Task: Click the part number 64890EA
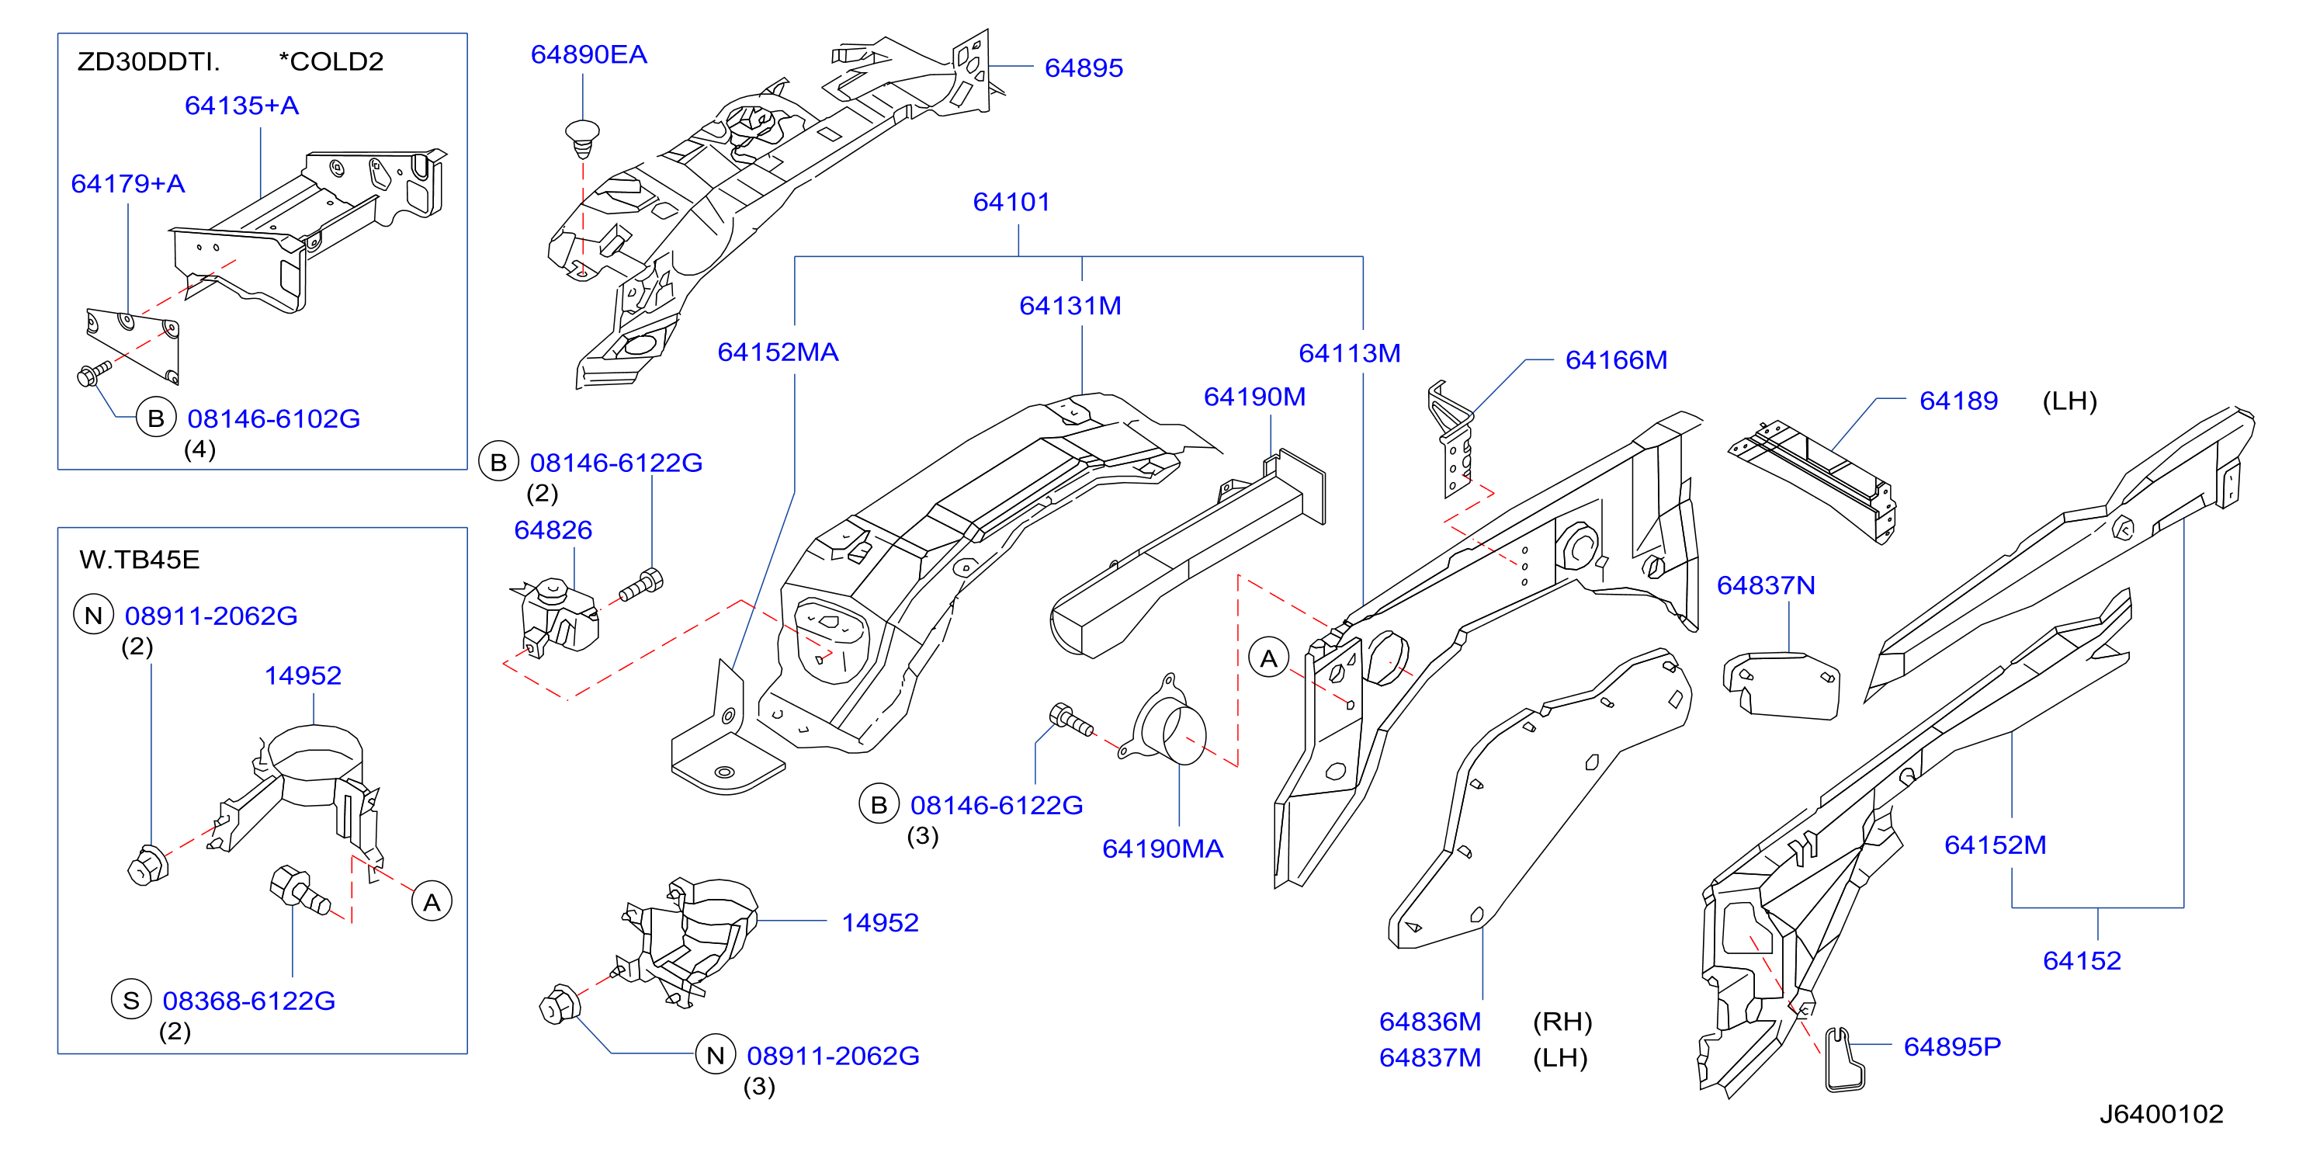tap(588, 55)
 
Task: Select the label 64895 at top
tap(1084, 68)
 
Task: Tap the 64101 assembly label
tap(1011, 202)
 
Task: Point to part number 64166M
tap(1616, 360)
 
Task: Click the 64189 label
tap(1958, 401)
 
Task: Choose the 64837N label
tap(1765, 585)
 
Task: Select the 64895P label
tap(1952, 1047)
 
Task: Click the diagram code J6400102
tap(2161, 1114)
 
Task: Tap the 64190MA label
tap(1162, 849)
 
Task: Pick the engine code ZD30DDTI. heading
tap(148, 62)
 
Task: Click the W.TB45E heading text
tap(139, 560)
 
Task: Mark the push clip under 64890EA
tap(582, 138)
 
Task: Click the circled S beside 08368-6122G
tap(131, 1001)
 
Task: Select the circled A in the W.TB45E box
tap(432, 902)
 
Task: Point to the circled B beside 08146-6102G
tap(155, 418)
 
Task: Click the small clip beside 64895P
tap(1844, 1060)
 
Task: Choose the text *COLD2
tap(331, 62)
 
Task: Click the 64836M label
tap(1430, 1022)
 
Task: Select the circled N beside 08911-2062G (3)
tap(716, 1055)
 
